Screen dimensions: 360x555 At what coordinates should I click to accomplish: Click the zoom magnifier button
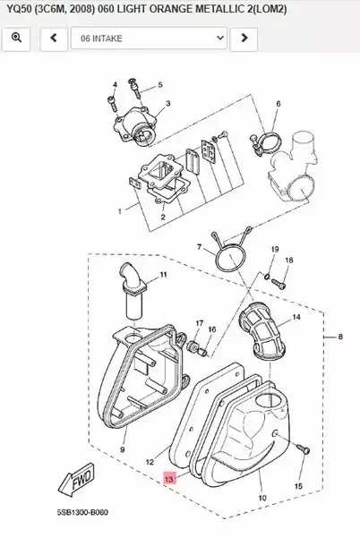pos(17,38)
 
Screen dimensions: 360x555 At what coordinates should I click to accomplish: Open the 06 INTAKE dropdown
pos(148,38)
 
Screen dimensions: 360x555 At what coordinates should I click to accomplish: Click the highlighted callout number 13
pos(169,480)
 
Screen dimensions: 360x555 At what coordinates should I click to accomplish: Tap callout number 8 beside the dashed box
pos(340,337)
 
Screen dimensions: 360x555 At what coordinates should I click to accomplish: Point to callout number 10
pos(261,497)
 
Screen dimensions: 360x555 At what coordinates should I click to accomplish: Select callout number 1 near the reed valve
pos(118,212)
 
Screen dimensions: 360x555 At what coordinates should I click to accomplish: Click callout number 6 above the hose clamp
pos(278,105)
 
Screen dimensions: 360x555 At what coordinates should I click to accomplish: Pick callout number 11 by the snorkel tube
pos(163,274)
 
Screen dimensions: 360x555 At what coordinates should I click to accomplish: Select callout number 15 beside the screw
pos(299,486)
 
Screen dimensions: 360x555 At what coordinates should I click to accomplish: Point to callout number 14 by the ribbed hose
pos(296,318)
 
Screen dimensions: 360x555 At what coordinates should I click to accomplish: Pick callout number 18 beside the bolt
pos(288,260)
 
